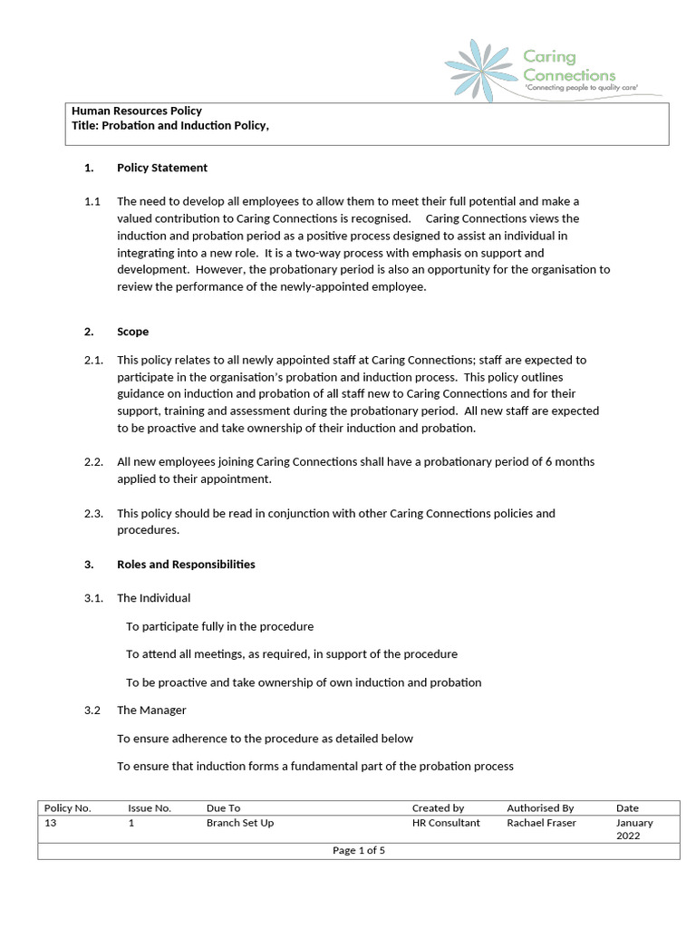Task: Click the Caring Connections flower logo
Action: point(481,69)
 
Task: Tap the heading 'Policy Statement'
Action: point(162,168)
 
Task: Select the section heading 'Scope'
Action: point(132,332)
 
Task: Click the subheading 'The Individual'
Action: point(153,598)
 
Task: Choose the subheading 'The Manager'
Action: point(151,710)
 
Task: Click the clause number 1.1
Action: point(92,201)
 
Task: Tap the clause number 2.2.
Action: point(93,462)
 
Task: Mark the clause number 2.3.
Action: point(93,514)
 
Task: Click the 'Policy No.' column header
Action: point(67,808)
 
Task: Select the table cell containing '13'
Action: point(51,823)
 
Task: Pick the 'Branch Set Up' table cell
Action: point(240,823)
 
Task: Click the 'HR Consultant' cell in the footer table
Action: point(446,823)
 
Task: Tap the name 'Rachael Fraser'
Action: point(541,823)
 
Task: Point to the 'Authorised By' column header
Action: point(540,808)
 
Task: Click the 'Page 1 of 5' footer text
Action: point(359,850)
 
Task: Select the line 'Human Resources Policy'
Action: point(137,111)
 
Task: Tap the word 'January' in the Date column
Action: point(634,823)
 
